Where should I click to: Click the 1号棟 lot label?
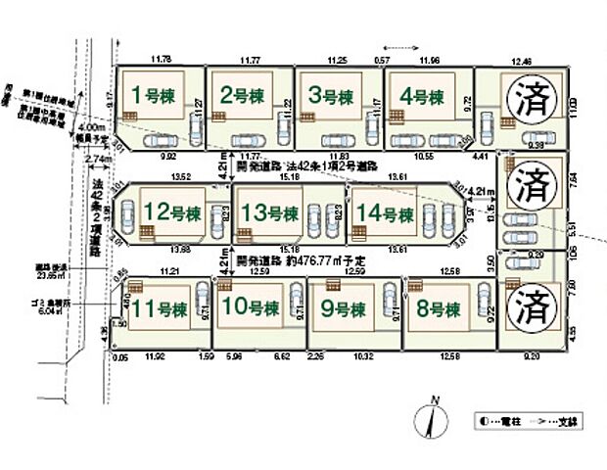tap(152, 96)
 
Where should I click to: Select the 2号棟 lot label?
tap(242, 96)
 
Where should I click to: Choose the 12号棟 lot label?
tap(170, 211)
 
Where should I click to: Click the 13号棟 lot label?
tap(269, 211)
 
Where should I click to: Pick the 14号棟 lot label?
tap(382, 211)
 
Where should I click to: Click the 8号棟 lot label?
tap(438, 309)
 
